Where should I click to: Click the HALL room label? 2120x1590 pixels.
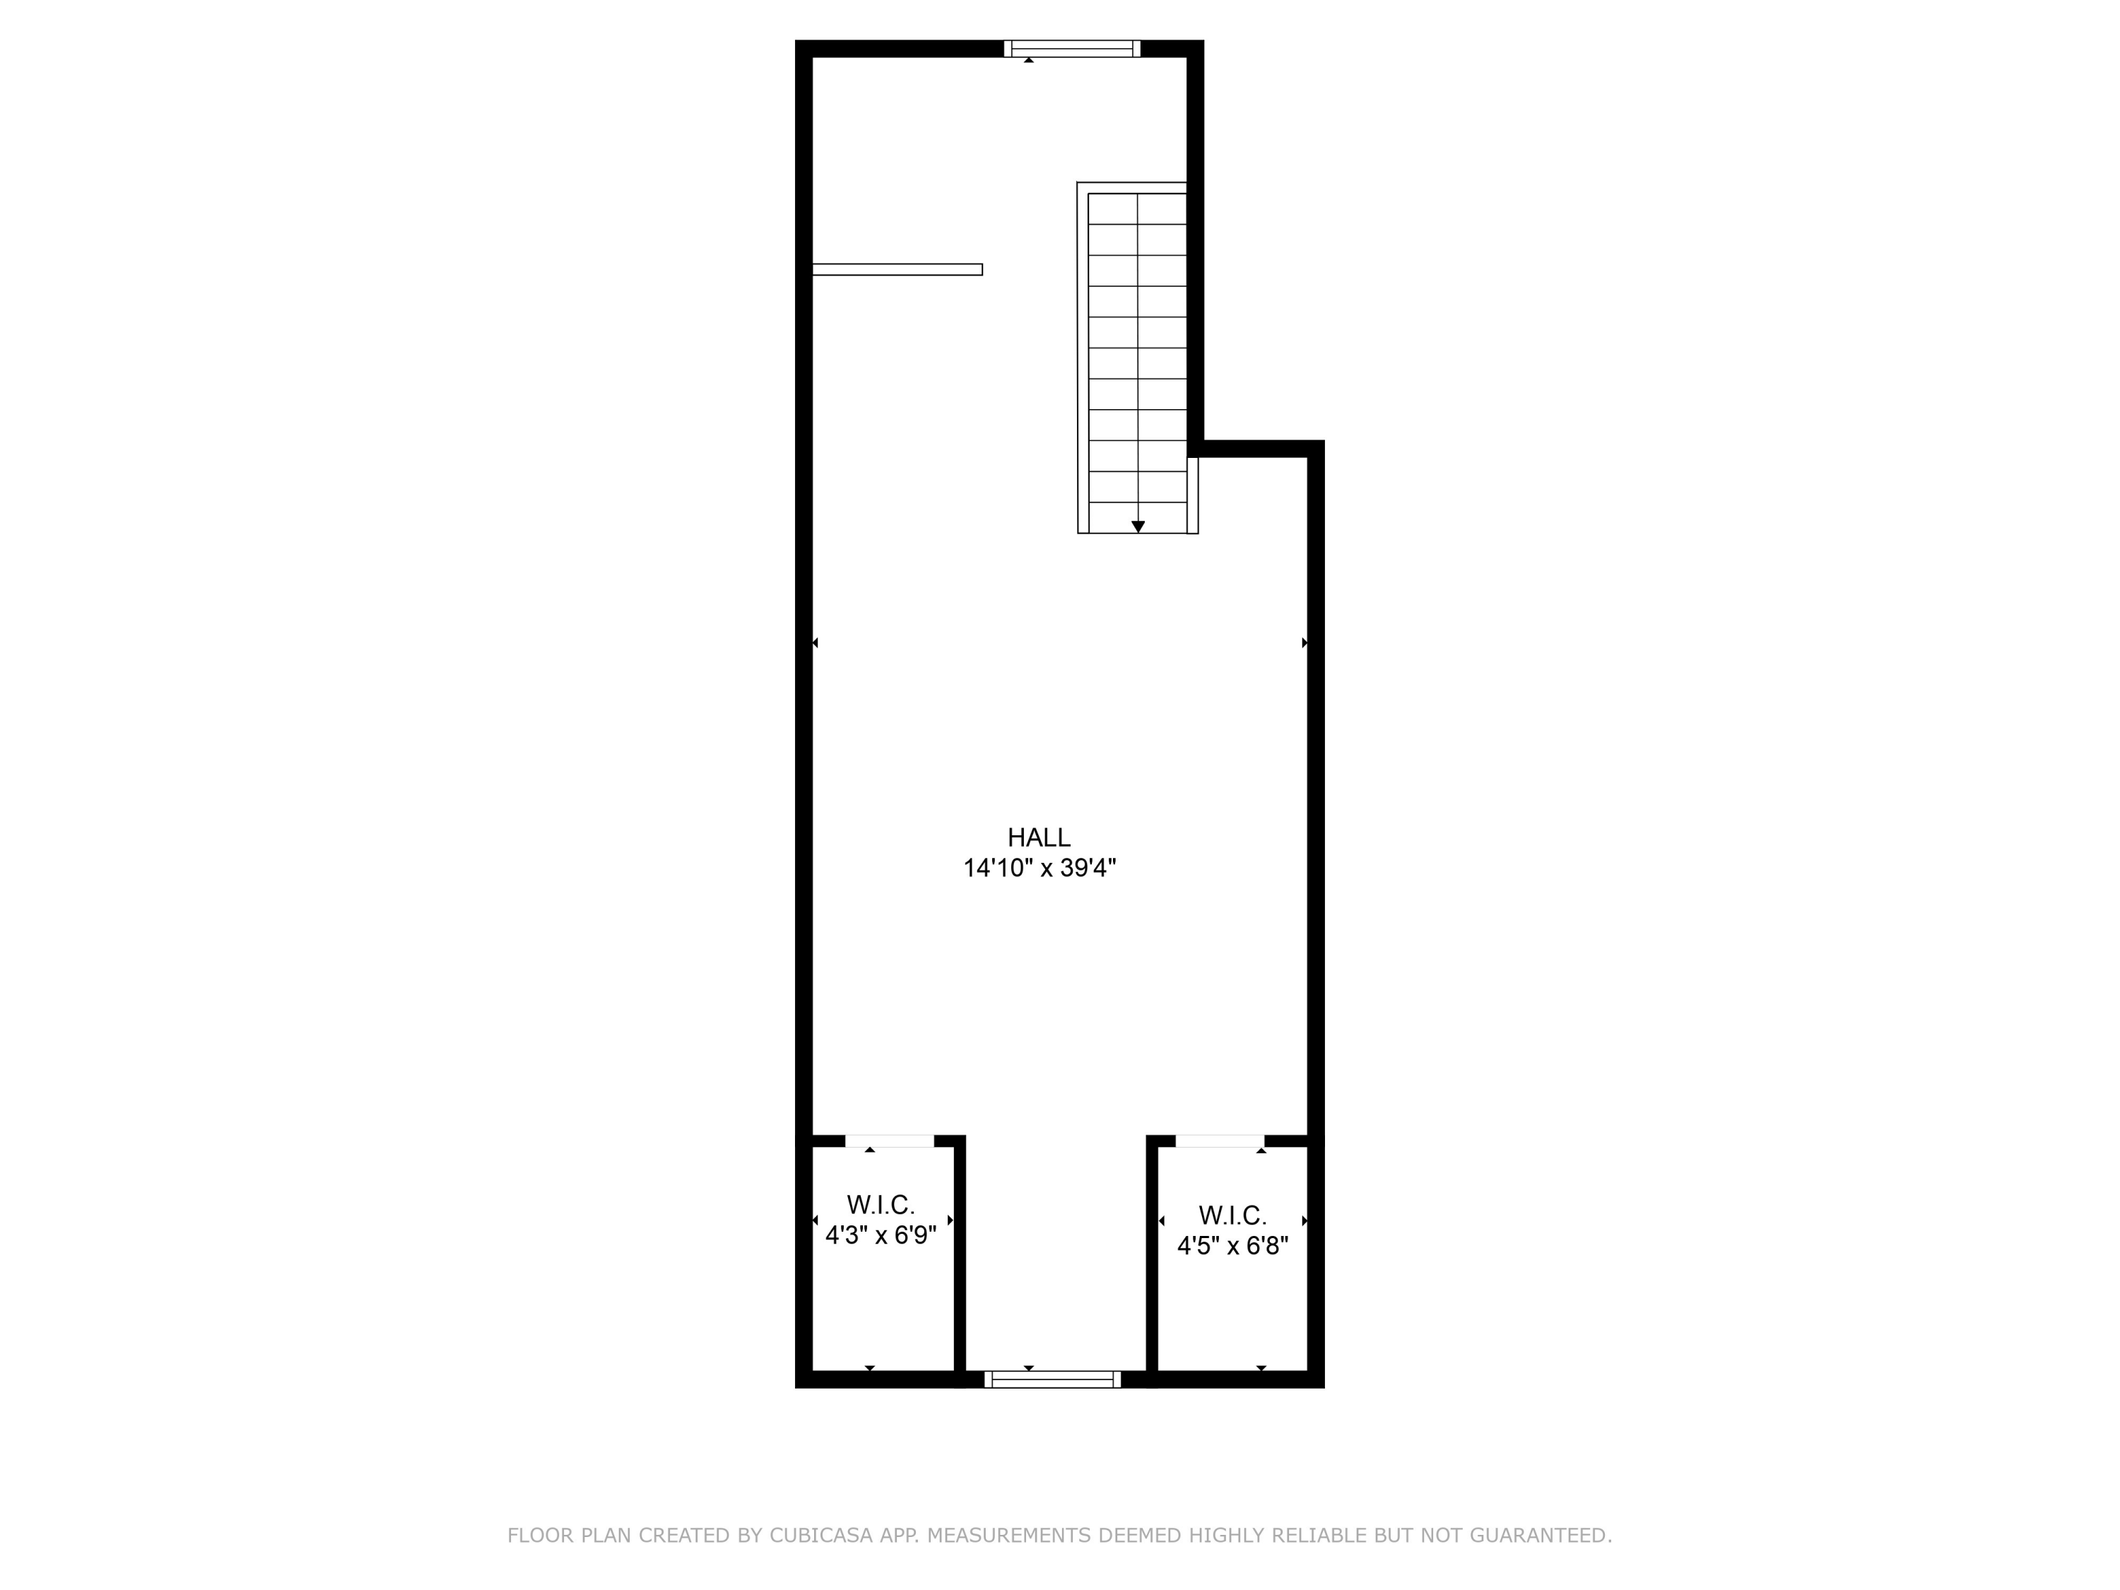coord(1039,837)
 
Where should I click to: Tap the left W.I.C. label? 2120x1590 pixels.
coord(881,1205)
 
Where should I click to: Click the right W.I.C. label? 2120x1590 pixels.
coord(1232,1215)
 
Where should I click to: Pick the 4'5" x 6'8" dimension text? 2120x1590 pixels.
coord(1232,1246)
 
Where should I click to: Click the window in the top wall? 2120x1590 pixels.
coord(1071,49)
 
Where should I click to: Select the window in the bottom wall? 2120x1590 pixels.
coord(1052,1379)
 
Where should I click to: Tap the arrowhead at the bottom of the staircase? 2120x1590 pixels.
coord(1138,527)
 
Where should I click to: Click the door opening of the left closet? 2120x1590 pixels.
coord(890,1141)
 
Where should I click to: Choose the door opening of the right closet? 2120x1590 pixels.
coord(1220,1141)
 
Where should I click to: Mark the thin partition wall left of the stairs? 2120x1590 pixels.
coord(897,269)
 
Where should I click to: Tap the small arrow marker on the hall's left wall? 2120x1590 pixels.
coord(815,643)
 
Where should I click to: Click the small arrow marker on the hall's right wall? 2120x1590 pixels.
coord(1305,643)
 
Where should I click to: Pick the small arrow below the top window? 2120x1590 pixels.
coord(1028,60)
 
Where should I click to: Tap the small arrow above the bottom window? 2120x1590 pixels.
coord(1028,1367)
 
